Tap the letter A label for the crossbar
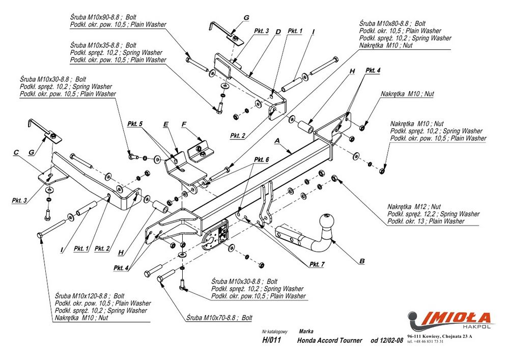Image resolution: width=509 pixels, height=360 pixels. tap(277, 139)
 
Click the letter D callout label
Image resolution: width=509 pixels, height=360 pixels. tap(278, 32)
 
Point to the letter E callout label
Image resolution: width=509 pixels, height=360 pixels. tap(165, 124)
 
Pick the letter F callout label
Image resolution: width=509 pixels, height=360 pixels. tap(184, 124)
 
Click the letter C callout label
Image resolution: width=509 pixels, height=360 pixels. tap(16, 152)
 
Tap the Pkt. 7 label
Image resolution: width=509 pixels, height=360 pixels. tap(317, 264)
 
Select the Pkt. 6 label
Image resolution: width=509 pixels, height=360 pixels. tap(261, 160)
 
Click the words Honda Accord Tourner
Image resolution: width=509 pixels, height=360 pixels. tap(329, 340)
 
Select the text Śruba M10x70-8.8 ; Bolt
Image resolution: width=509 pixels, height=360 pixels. tap(219, 318)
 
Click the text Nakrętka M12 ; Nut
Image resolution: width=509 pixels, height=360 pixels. tap(414, 207)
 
